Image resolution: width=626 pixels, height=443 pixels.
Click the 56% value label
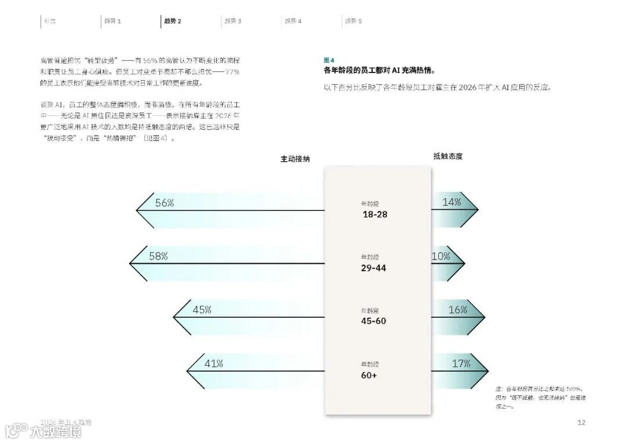[x=165, y=203]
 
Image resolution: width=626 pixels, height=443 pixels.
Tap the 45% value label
[x=202, y=310]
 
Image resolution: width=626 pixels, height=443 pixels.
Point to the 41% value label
[x=213, y=364]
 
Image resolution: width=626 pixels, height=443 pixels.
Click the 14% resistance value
[x=452, y=202]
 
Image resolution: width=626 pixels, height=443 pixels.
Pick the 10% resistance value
[x=441, y=256]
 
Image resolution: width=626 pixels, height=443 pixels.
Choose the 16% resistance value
[x=457, y=310]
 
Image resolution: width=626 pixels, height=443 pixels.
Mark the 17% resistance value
[x=461, y=364]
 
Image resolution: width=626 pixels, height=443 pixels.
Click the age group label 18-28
[x=375, y=215]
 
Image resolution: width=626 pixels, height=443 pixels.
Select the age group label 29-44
[x=373, y=268]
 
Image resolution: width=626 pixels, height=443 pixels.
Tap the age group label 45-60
[x=373, y=321]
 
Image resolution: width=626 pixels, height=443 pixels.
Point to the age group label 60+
[x=369, y=375]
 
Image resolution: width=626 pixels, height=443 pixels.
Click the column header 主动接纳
[x=295, y=158]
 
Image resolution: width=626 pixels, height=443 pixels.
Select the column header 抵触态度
[x=448, y=156]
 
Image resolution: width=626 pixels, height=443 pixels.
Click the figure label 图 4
[x=329, y=60]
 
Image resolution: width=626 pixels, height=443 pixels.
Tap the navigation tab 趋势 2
[x=173, y=21]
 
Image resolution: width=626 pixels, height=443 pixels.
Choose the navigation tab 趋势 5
[x=354, y=21]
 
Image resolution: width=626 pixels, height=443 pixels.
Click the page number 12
[x=581, y=423]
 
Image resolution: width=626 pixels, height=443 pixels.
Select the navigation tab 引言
[x=50, y=21]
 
